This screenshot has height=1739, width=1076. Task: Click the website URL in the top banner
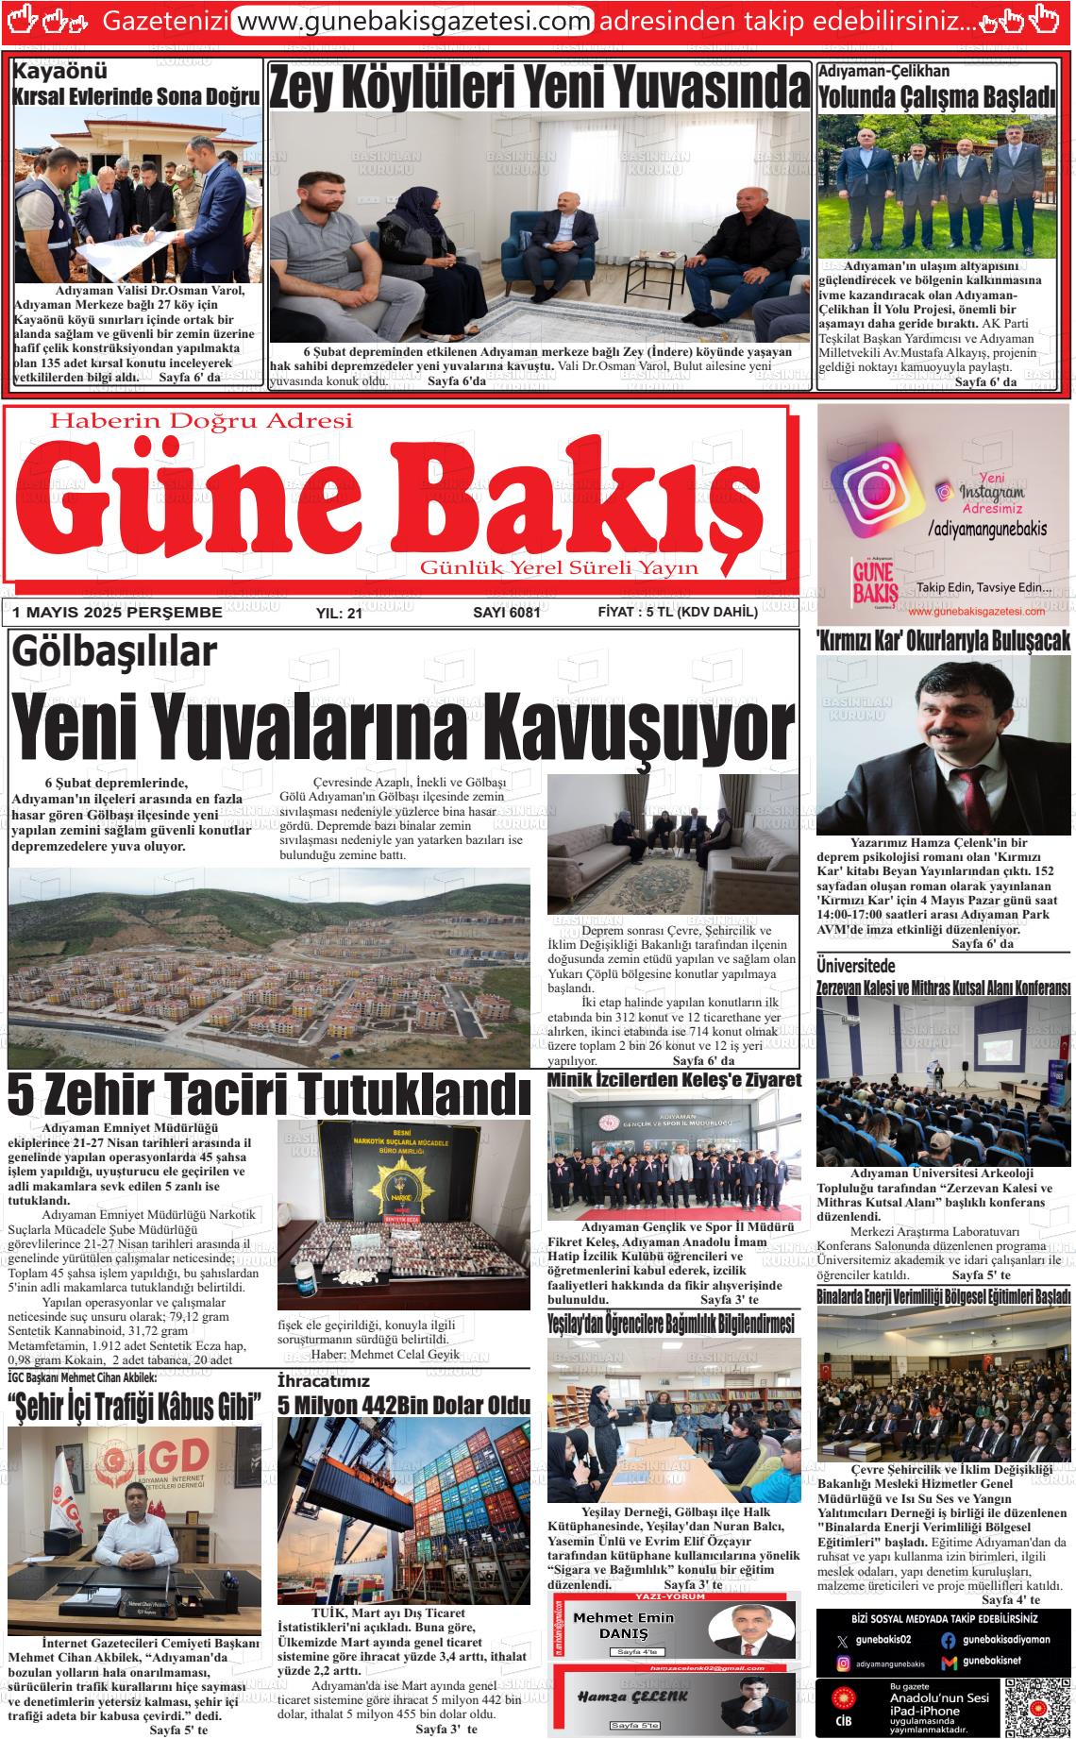(412, 20)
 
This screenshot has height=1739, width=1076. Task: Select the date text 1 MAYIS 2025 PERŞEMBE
(117, 613)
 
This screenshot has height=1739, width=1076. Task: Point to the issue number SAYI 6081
(506, 613)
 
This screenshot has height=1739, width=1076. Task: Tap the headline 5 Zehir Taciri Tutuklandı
(269, 1094)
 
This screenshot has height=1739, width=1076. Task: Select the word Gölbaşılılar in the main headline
(114, 654)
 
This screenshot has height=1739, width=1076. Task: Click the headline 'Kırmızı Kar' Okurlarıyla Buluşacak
(943, 640)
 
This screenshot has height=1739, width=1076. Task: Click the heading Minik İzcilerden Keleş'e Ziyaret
(674, 1079)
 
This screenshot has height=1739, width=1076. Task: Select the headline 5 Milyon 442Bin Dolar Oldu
(404, 1405)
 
